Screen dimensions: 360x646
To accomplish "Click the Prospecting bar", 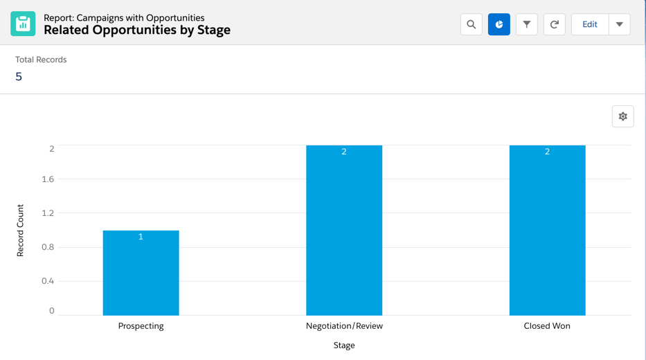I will [x=141, y=273].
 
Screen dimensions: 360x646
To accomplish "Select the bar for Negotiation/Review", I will [x=344, y=231].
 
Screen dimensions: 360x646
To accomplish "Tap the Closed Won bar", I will [x=547, y=231].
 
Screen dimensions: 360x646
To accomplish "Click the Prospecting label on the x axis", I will [x=141, y=326].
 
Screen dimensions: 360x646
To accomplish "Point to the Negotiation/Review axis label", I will [x=344, y=326].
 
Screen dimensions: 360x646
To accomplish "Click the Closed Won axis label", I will [x=547, y=326].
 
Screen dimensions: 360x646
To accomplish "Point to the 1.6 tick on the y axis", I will [x=47, y=179].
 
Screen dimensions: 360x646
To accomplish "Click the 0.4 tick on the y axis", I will [x=47, y=281].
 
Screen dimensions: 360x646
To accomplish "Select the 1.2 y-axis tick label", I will [x=47, y=213].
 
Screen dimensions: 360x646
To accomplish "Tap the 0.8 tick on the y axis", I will [x=47, y=247].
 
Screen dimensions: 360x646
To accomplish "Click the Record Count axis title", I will [x=20, y=231].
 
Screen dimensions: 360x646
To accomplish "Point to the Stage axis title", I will [x=344, y=345].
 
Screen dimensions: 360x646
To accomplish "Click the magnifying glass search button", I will [x=472, y=25].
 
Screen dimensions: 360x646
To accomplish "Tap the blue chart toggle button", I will [x=499, y=25].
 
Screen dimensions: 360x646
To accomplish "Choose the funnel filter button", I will [x=527, y=25].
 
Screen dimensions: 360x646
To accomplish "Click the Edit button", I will [x=590, y=25].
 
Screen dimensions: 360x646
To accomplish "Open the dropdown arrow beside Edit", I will [x=620, y=25].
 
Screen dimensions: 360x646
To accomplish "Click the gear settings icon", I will [x=623, y=116].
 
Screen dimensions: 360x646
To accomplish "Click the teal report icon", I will [x=23, y=24].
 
